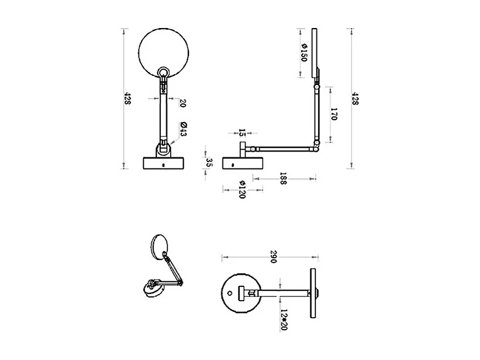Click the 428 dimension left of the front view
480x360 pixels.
pos(127,99)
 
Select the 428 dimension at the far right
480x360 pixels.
pos(355,99)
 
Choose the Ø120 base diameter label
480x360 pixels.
pos(242,190)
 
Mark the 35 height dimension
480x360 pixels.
pos(209,162)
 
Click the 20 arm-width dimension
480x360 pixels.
pos(183,103)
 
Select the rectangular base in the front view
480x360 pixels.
pos(163,163)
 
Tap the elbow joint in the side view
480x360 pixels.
pos(316,145)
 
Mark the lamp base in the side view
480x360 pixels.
pos(243,163)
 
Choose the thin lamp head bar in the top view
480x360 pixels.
pos(314,292)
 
